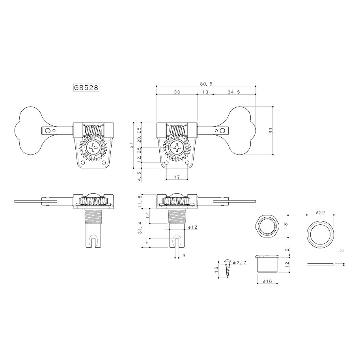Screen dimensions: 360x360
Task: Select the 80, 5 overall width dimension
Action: (x=206, y=84)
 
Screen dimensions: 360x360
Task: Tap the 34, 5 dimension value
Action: (x=234, y=92)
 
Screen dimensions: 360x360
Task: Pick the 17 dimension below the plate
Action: (x=177, y=177)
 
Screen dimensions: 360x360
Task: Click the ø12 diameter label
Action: (x=193, y=227)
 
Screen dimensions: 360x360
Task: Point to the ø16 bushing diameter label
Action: (x=267, y=281)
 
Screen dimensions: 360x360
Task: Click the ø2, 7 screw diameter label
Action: (x=240, y=263)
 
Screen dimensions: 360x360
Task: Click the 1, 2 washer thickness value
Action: (x=341, y=255)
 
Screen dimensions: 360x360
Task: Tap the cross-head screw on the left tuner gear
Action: (x=93, y=149)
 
